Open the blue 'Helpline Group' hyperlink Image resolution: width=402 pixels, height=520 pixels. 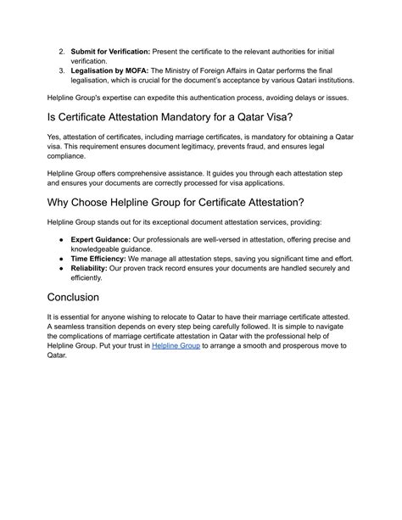coord(176,346)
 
